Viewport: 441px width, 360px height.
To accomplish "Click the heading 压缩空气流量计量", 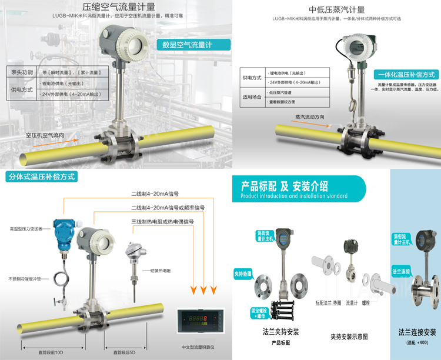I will point(119,8).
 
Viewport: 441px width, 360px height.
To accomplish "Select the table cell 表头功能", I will point(23,72).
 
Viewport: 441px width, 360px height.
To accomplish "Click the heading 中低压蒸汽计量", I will point(336,9).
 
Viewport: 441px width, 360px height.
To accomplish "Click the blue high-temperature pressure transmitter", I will point(61,232).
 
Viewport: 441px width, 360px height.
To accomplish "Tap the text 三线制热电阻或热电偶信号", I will point(162,222).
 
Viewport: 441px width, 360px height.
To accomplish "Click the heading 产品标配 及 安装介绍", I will point(285,186).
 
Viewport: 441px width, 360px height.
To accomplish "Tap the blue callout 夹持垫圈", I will point(243,274).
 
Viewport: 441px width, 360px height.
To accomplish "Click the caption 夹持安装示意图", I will point(349,336).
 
